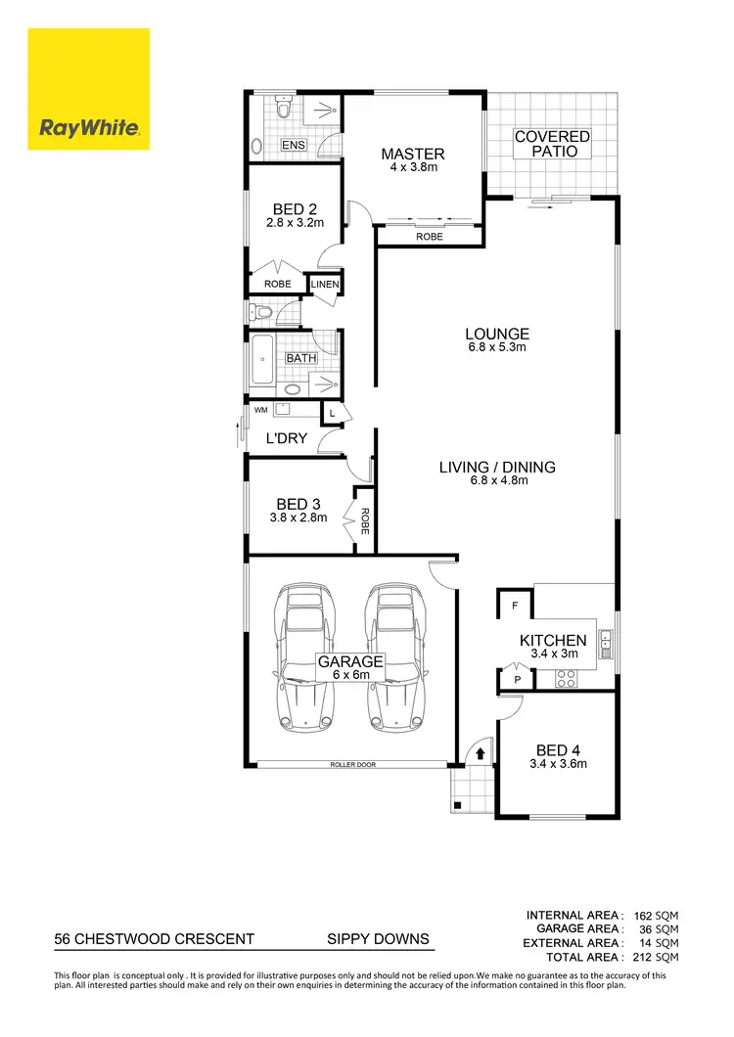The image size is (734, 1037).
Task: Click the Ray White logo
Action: [89, 89]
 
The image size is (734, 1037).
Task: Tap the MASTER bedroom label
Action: [412, 154]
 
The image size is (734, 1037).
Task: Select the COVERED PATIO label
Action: [553, 144]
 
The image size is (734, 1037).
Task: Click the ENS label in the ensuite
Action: [294, 146]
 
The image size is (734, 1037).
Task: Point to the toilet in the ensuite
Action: [283, 111]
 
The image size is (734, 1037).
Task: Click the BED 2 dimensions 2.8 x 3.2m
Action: [294, 223]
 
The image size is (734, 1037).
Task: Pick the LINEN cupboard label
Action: [325, 285]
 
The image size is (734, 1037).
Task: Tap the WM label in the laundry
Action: [259, 410]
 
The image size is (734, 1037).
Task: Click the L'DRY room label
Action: [287, 438]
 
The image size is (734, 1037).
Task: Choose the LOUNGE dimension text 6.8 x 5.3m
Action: [497, 347]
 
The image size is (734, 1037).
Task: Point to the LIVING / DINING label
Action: [497, 467]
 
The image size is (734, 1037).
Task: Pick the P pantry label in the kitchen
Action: [515, 678]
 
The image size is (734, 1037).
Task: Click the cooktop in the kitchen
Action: [568, 676]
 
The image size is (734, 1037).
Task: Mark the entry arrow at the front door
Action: [480, 753]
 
